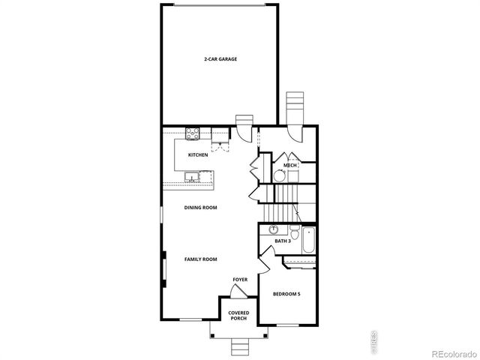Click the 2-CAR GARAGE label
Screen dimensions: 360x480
pyautogui.click(x=220, y=58)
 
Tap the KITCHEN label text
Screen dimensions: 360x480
pyautogui.click(x=198, y=155)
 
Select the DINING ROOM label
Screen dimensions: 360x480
pyautogui.click(x=201, y=208)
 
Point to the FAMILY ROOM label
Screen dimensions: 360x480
pyautogui.click(x=201, y=259)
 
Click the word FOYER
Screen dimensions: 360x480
pyautogui.click(x=240, y=280)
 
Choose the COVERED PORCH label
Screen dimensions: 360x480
pyautogui.click(x=238, y=316)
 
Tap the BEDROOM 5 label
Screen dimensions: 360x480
pyautogui.click(x=286, y=294)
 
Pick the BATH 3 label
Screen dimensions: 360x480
pyautogui.click(x=282, y=241)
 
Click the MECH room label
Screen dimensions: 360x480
pyautogui.click(x=290, y=165)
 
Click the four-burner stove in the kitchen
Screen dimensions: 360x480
pyautogui.click(x=193, y=135)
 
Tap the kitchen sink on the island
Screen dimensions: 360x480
pyautogui.click(x=193, y=178)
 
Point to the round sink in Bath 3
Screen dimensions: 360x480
pyautogui.click(x=274, y=230)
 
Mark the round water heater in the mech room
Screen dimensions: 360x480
pyautogui.click(x=278, y=176)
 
